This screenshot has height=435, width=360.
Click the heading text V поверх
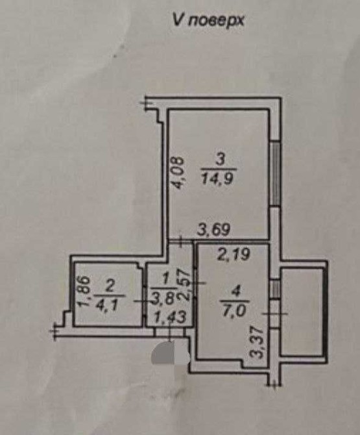point(208,20)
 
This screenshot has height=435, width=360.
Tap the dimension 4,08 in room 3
point(176,173)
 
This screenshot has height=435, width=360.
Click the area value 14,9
point(218,179)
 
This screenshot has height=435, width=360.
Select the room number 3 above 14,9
point(221,161)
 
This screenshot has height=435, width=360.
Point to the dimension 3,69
point(213,229)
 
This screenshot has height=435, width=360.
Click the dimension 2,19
point(234,254)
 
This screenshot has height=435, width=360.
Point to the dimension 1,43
point(169,317)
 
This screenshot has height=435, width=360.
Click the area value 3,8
point(163,299)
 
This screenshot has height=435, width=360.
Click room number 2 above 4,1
point(110,286)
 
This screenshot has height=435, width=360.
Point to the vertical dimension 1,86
point(83,292)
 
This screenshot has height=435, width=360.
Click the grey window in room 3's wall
point(276,174)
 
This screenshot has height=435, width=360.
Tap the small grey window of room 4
point(274,290)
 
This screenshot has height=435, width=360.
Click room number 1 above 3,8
point(165,279)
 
